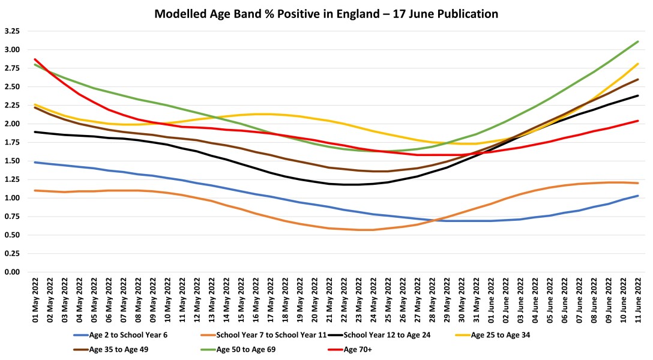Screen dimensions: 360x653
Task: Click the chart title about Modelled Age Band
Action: [x=326, y=13]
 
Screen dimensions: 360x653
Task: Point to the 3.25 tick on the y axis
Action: [x=12, y=31]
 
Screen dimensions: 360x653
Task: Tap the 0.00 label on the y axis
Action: [x=12, y=272]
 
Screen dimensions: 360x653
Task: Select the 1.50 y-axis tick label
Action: [x=12, y=161]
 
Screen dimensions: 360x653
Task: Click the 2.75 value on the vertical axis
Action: [x=12, y=68]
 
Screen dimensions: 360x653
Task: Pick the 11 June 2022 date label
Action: [x=637, y=302]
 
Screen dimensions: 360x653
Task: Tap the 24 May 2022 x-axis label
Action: [x=373, y=302]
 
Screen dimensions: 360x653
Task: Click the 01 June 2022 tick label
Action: [x=490, y=302]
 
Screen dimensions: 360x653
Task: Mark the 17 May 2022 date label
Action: [x=270, y=302]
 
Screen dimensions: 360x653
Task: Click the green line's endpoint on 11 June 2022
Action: [x=637, y=41]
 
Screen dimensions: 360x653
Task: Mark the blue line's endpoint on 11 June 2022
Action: [x=637, y=196]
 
